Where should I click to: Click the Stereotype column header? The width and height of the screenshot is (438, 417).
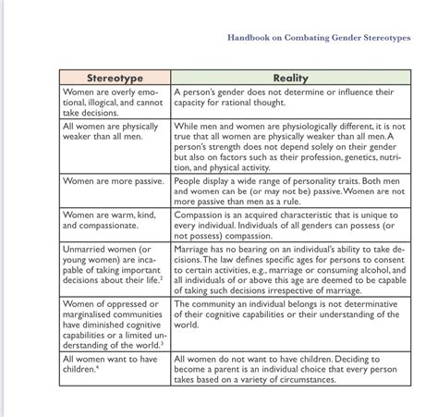click(115, 78)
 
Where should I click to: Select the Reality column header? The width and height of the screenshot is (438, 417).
click(290, 78)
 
